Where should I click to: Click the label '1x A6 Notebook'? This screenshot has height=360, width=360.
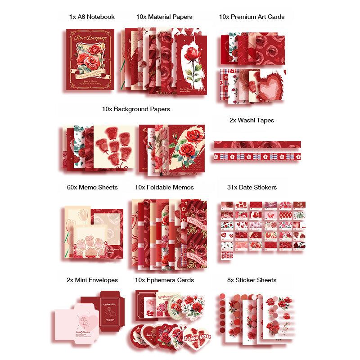(92, 17)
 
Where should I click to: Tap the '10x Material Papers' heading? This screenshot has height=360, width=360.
(164, 17)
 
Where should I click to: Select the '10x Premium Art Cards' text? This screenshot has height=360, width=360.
(252, 17)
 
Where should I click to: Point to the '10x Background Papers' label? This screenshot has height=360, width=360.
(136, 109)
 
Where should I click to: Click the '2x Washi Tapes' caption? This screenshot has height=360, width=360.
(252, 120)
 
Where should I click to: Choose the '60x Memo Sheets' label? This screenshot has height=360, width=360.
(92, 187)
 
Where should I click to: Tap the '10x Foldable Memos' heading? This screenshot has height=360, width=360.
(164, 187)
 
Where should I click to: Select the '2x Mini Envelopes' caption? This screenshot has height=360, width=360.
(92, 280)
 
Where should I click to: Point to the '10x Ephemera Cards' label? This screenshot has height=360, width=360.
(164, 280)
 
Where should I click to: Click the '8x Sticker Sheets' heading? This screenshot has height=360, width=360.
(252, 280)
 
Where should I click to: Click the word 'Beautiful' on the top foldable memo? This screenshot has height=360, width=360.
(198, 225)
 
